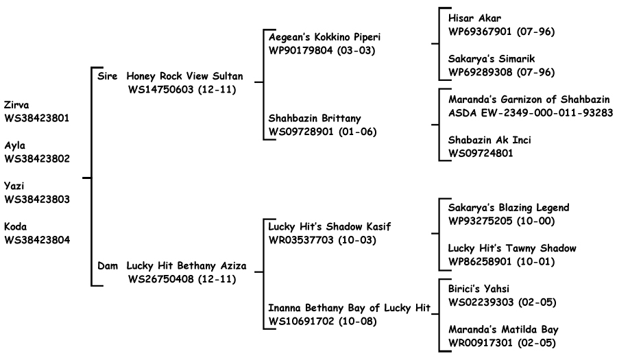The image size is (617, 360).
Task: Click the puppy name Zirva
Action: point(16,105)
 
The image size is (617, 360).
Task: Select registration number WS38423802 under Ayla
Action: point(37,158)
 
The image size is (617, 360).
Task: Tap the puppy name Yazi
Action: point(14,186)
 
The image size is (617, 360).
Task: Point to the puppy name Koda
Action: point(15,226)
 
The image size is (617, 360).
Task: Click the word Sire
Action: point(108,76)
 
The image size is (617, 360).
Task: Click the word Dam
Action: point(108,266)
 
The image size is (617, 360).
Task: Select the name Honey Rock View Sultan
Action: point(184,76)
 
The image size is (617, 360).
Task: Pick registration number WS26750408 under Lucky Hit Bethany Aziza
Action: point(160,279)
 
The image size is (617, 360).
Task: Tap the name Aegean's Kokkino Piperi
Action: point(325,37)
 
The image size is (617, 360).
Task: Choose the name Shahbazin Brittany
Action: point(315,118)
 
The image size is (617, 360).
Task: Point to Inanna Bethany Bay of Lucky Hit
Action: point(350,308)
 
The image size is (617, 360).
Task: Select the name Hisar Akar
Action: point(474,18)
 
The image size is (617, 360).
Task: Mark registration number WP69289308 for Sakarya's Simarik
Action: point(481,73)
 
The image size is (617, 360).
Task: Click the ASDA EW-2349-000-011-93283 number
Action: point(531,113)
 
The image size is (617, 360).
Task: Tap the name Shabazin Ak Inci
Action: point(489,140)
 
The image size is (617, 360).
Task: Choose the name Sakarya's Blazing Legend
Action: point(509,208)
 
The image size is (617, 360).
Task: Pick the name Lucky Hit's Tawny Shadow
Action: point(512,248)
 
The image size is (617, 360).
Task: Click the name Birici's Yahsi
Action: point(479,289)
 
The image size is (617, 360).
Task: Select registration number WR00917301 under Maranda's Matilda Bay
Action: point(481,343)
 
